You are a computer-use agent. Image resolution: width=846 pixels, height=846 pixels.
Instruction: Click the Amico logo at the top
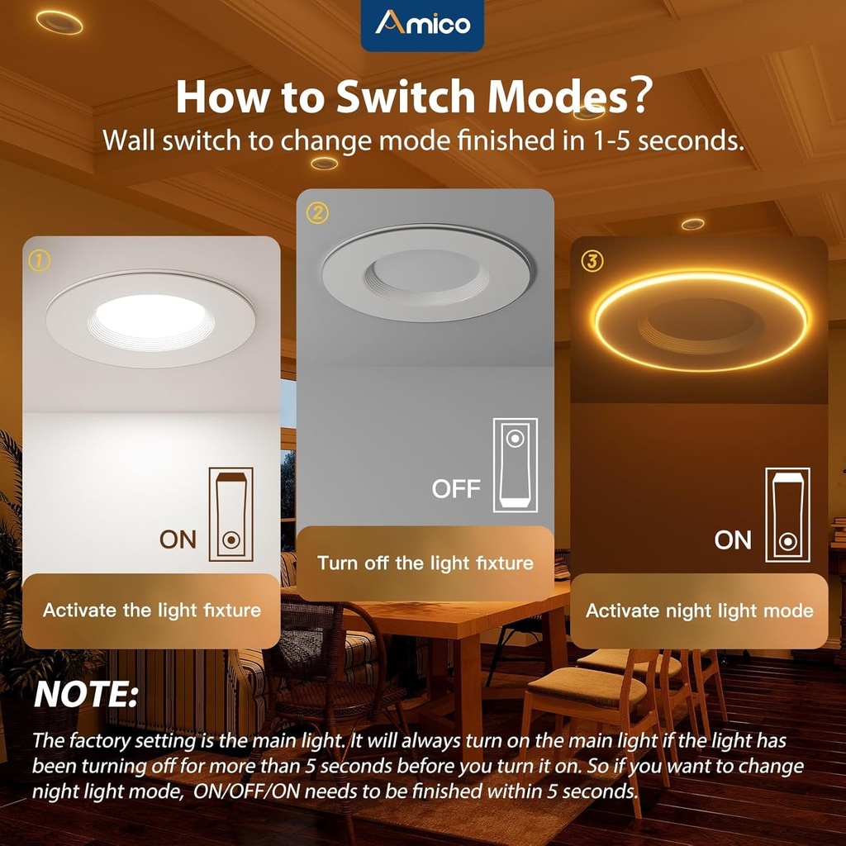422,23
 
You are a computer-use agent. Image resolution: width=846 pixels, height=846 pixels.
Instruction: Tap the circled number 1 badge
40,261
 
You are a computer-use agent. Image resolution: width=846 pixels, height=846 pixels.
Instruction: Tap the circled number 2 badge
317,213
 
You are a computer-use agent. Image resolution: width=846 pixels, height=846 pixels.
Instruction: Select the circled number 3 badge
592,261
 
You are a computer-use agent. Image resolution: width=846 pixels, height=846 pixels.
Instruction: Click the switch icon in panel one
231,514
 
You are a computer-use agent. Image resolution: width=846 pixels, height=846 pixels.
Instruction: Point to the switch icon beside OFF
516,465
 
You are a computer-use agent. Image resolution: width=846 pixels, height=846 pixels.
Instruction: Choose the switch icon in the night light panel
787,515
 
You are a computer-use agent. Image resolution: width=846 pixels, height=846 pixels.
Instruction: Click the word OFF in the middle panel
456,489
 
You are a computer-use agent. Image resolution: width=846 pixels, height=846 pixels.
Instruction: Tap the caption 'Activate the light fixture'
152,611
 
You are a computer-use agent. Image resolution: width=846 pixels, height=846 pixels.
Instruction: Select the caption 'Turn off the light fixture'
425,563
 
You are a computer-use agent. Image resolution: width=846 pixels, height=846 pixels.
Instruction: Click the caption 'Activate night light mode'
699,611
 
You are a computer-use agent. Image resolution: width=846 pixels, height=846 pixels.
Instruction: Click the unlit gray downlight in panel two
426,273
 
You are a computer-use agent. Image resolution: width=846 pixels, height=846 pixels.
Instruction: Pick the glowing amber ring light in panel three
701,276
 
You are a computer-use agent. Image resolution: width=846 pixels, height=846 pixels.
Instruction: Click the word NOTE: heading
85,694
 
